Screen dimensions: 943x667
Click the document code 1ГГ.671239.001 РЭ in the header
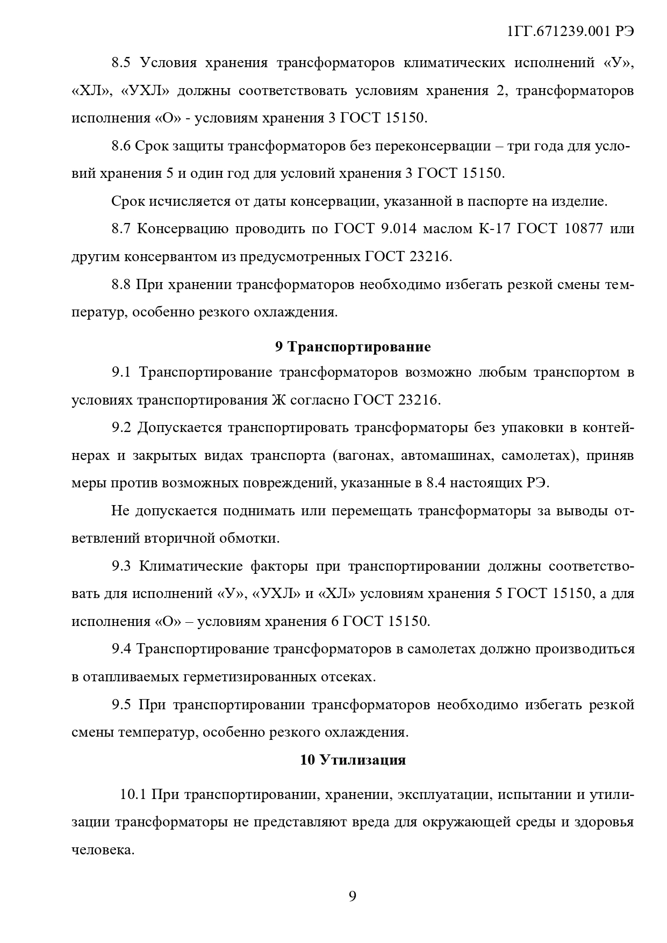pos(570,32)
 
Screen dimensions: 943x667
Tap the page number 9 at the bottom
pos(353,896)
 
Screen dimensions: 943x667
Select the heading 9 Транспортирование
pos(353,347)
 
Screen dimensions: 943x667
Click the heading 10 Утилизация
pos(353,760)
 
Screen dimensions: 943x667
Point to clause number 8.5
pos(121,63)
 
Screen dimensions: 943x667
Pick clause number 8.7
pos(121,229)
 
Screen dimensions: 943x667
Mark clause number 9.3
pos(121,566)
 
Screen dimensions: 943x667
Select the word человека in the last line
pos(102,850)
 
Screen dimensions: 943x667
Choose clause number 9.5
pos(121,704)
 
